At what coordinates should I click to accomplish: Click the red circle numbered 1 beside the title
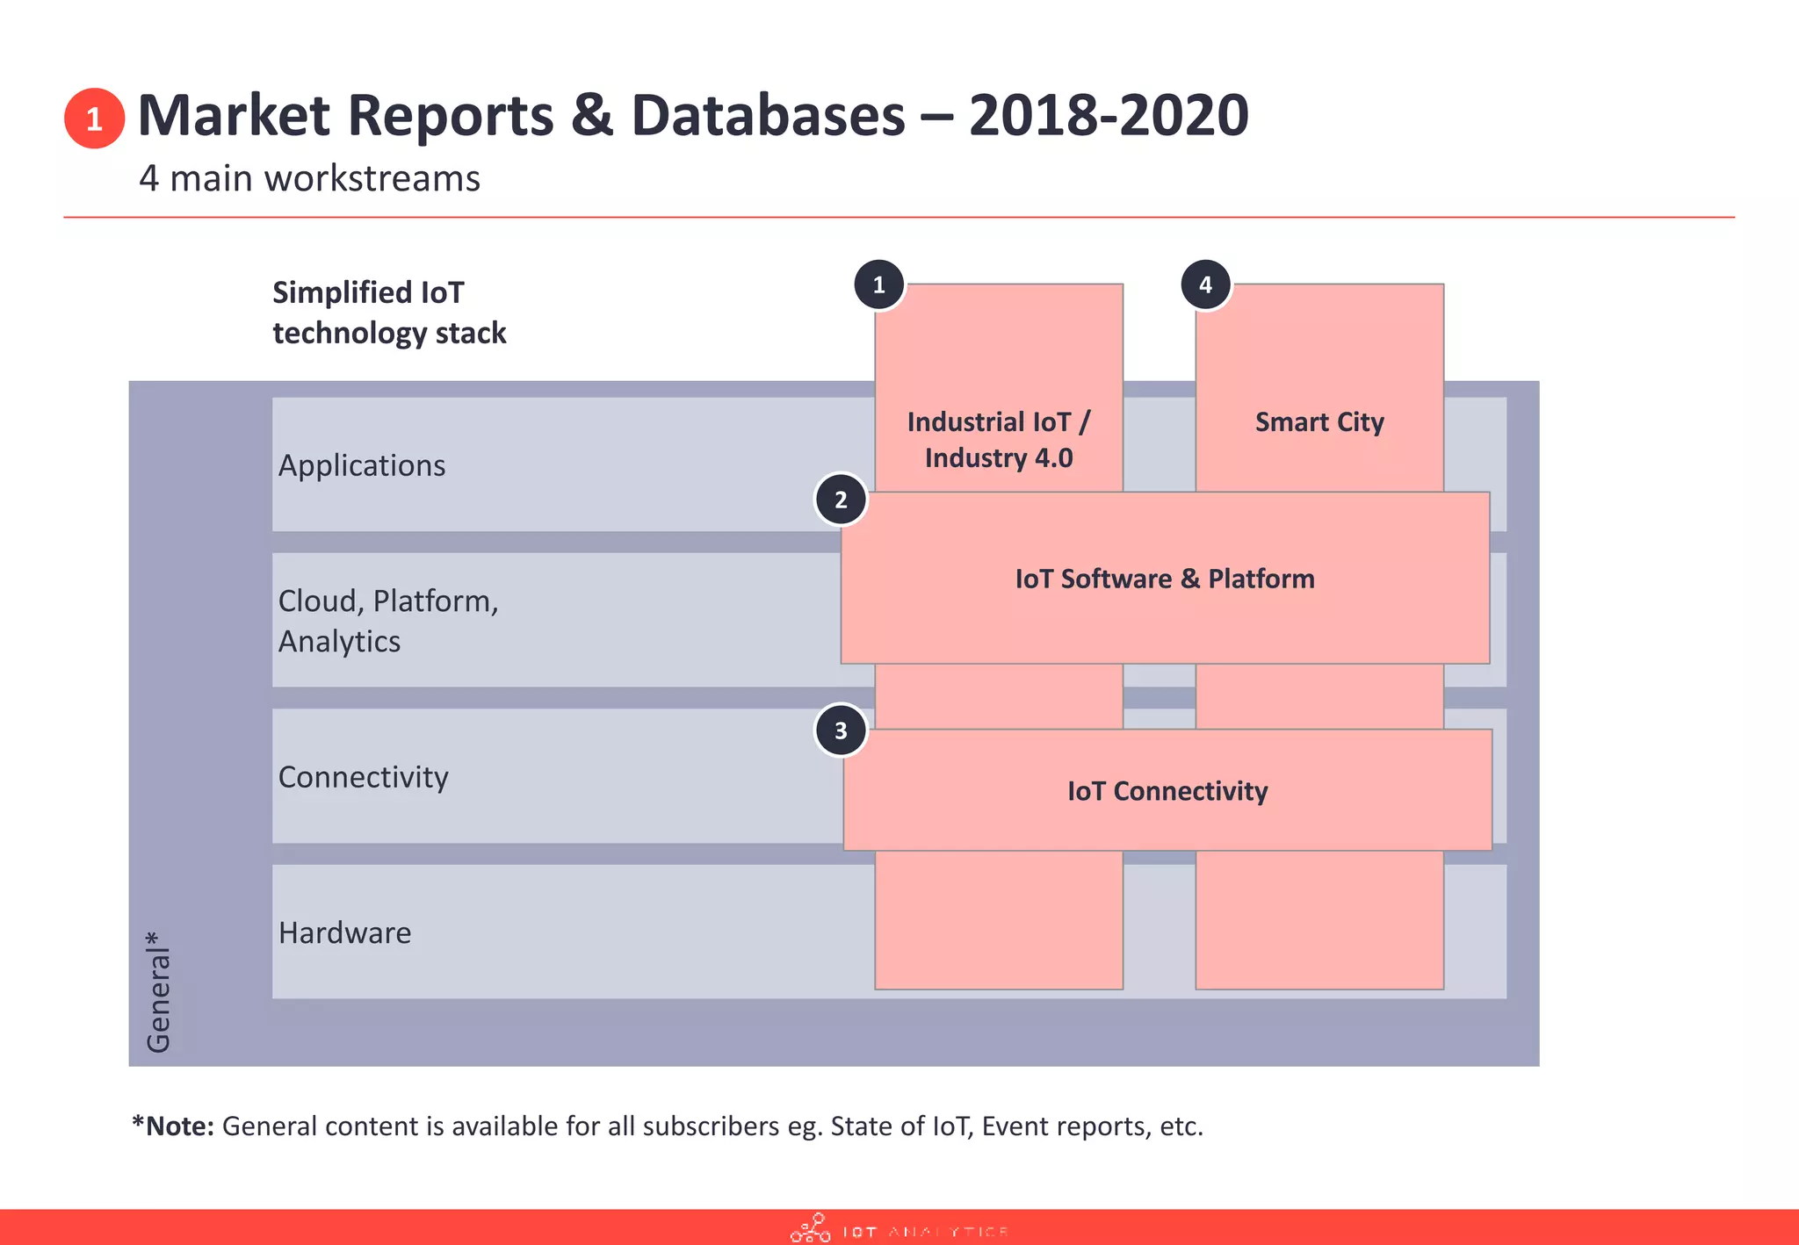(x=94, y=118)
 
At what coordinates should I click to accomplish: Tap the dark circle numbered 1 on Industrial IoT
(x=878, y=284)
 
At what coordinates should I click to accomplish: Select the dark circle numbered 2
(x=841, y=500)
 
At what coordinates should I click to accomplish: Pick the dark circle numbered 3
(x=841, y=730)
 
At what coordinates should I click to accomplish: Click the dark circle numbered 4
(x=1205, y=284)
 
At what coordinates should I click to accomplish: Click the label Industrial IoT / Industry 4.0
(x=999, y=439)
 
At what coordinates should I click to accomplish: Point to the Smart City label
(x=1319, y=422)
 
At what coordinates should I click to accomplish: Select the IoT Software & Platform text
(x=1165, y=579)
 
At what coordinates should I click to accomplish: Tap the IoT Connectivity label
(x=1167, y=791)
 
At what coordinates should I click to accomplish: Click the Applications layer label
(x=362, y=465)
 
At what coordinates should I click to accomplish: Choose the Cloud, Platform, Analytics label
(x=387, y=621)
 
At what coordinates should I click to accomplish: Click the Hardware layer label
(x=344, y=932)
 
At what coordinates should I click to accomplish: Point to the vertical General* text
(x=158, y=992)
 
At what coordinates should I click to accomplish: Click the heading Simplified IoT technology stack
(x=388, y=313)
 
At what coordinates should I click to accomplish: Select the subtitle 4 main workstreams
(x=309, y=178)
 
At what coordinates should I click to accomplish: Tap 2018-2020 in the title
(x=1109, y=115)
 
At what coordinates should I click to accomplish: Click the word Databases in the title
(x=768, y=115)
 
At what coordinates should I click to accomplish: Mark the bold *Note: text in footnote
(x=173, y=1126)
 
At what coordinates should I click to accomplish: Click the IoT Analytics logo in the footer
(x=899, y=1229)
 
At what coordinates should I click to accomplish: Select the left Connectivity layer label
(x=363, y=777)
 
